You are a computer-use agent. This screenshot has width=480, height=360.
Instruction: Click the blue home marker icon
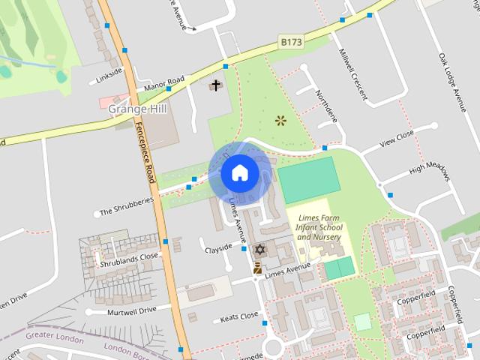coord(239,172)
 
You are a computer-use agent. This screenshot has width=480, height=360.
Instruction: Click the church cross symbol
coord(216,85)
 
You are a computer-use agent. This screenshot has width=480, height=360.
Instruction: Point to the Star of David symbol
coord(259,249)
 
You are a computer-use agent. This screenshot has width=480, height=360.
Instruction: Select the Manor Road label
coord(165,80)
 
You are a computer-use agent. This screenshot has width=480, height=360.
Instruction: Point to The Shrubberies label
coord(127,206)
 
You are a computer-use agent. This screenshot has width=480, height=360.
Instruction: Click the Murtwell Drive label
coord(130,310)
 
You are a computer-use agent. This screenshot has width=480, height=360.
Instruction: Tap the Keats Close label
coord(239,316)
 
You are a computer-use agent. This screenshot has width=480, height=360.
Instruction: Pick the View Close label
coord(397,139)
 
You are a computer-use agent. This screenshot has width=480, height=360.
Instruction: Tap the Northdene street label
coord(328,107)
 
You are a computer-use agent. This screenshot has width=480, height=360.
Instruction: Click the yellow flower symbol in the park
coord(280,119)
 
